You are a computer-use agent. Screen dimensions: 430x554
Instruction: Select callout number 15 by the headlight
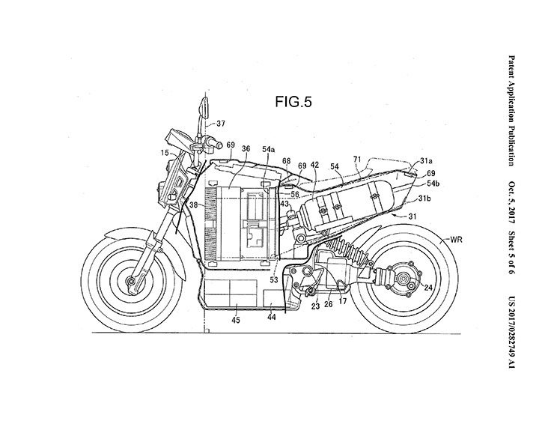163,153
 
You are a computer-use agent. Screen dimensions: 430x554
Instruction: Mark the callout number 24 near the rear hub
427,286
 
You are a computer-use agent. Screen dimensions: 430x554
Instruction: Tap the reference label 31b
424,199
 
